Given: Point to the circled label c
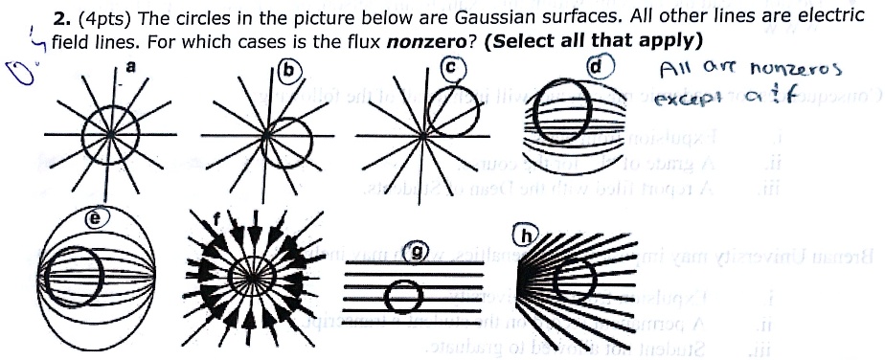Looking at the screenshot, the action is tap(456, 66).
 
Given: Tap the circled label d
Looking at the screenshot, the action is tap(600, 67).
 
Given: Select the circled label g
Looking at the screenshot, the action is tap(418, 253).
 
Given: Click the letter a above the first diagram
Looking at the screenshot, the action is tap(131, 65).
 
